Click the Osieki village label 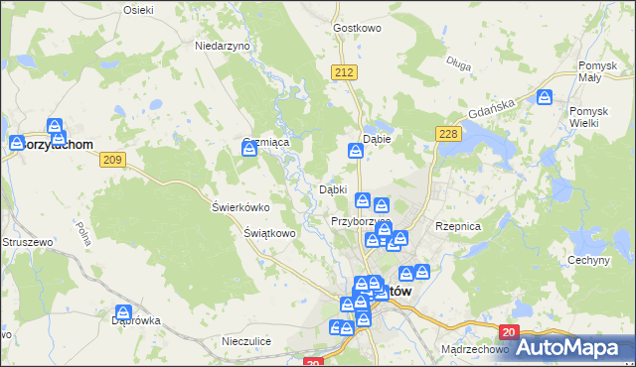137,9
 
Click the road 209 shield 111,160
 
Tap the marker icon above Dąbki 355,151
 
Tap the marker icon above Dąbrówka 122,311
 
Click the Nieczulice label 248,341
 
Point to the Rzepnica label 458,226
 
